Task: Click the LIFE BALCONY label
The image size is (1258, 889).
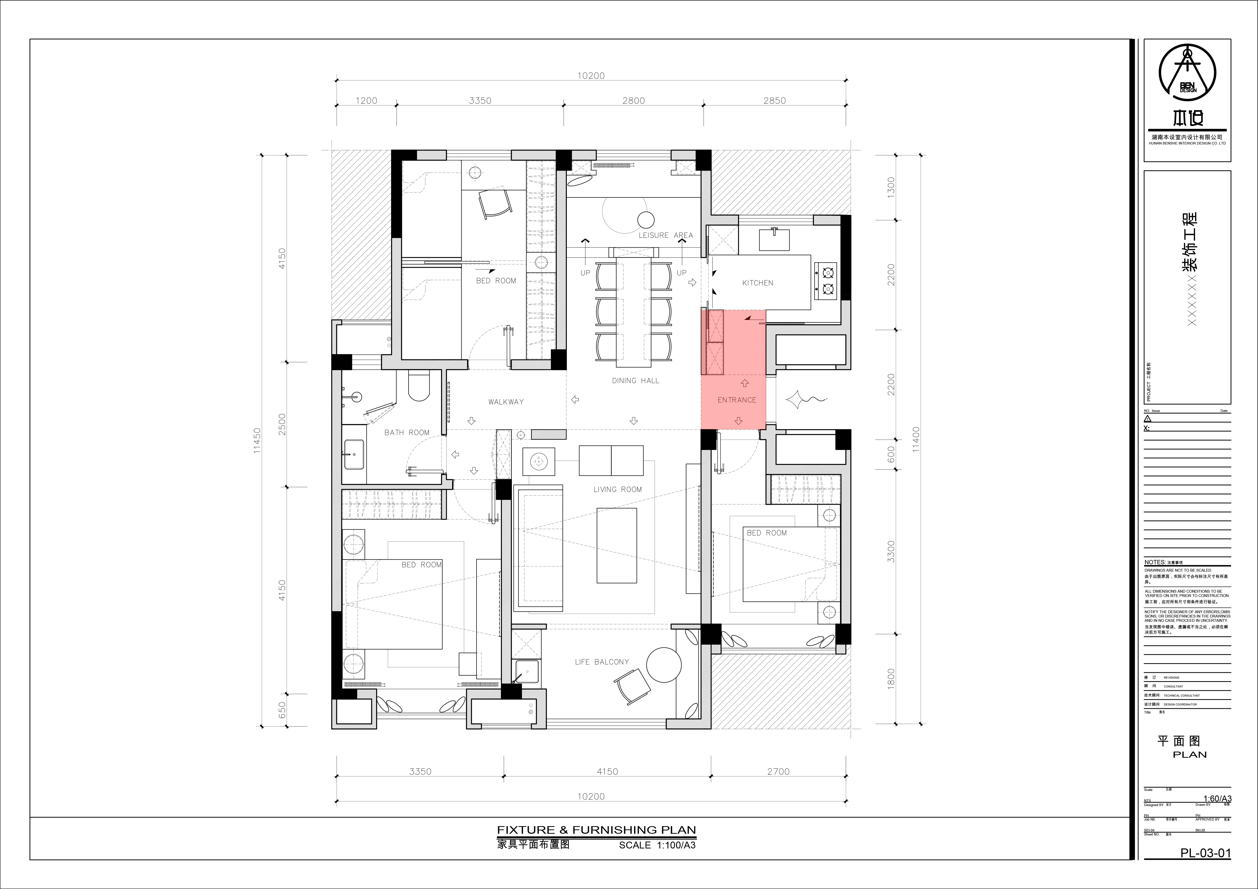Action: point(602,662)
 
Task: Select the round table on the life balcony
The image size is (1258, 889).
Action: point(663,664)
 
